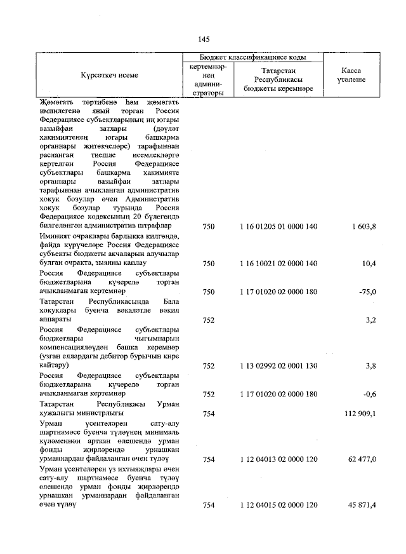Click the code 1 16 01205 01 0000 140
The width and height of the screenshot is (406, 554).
(278, 226)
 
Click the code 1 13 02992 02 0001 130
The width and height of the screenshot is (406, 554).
(278, 366)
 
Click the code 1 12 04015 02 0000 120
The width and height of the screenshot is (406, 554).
(278, 505)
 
